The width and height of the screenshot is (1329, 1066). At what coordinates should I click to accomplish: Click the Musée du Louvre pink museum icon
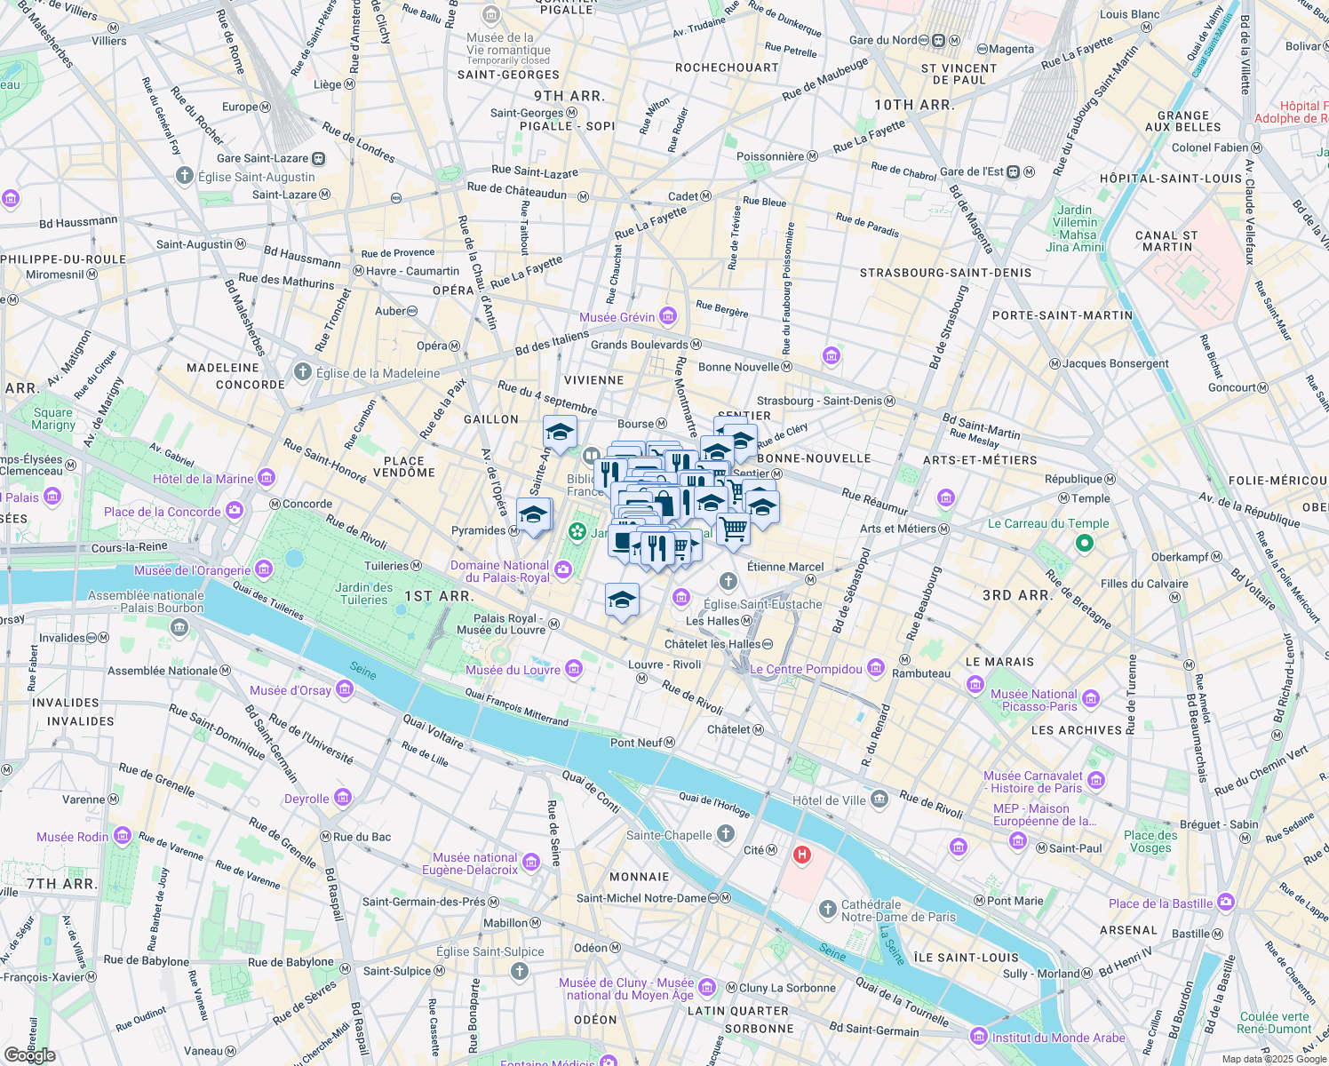click(x=574, y=669)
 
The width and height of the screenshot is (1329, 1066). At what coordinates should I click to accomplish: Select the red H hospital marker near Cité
click(x=802, y=855)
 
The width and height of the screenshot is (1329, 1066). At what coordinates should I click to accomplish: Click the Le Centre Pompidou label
click(x=806, y=669)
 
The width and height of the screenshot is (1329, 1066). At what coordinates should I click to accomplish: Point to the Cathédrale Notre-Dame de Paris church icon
click(x=828, y=909)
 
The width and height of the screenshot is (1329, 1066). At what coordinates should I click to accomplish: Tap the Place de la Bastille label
click(x=1160, y=903)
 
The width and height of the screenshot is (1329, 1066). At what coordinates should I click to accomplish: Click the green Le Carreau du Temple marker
click(x=1084, y=543)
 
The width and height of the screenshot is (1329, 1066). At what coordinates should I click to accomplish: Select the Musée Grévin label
click(x=617, y=317)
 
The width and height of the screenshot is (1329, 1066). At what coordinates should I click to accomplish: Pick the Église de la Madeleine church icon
click(x=303, y=372)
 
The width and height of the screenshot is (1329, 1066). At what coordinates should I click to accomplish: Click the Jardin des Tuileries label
click(x=364, y=593)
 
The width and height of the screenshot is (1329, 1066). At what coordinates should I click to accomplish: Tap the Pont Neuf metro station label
click(x=636, y=743)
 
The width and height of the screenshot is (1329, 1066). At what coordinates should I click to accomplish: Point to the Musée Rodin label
click(x=73, y=837)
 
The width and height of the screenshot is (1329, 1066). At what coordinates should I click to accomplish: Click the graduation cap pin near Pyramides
click(x=533, y=515)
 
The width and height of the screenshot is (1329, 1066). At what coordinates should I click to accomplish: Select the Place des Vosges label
click(x=1150, y=841)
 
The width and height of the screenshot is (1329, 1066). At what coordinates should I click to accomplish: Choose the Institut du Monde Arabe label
click(x=1058, y=1038)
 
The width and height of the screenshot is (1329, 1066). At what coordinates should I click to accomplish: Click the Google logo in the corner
click(x=29, y=1055)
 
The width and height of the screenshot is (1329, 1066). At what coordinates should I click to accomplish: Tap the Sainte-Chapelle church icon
click(x=726, y=833)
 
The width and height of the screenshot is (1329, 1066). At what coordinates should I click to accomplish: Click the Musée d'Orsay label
click(x=290, y=690)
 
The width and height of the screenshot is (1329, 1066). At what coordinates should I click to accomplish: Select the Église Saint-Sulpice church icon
click(x=520, y=971)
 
